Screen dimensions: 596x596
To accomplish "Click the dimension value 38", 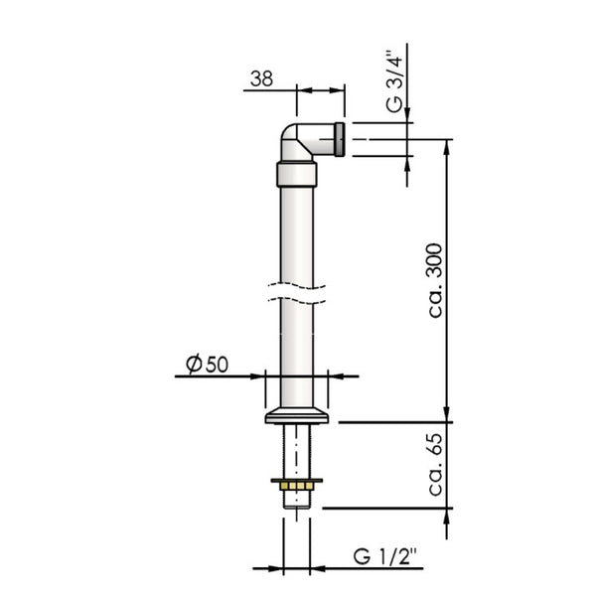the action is (261, 78).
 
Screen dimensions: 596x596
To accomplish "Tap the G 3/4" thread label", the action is (394, 81).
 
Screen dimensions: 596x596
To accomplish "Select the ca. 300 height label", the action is (435, 280).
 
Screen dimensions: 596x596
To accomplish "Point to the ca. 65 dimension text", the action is (435, 465).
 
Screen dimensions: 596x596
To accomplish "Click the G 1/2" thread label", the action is (384, 557).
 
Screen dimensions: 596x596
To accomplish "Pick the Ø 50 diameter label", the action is (208, 364).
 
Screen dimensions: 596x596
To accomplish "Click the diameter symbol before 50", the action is (194, 364).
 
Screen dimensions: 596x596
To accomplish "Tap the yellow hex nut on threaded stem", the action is (297, 486).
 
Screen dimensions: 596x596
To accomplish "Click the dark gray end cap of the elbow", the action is (340, 139).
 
